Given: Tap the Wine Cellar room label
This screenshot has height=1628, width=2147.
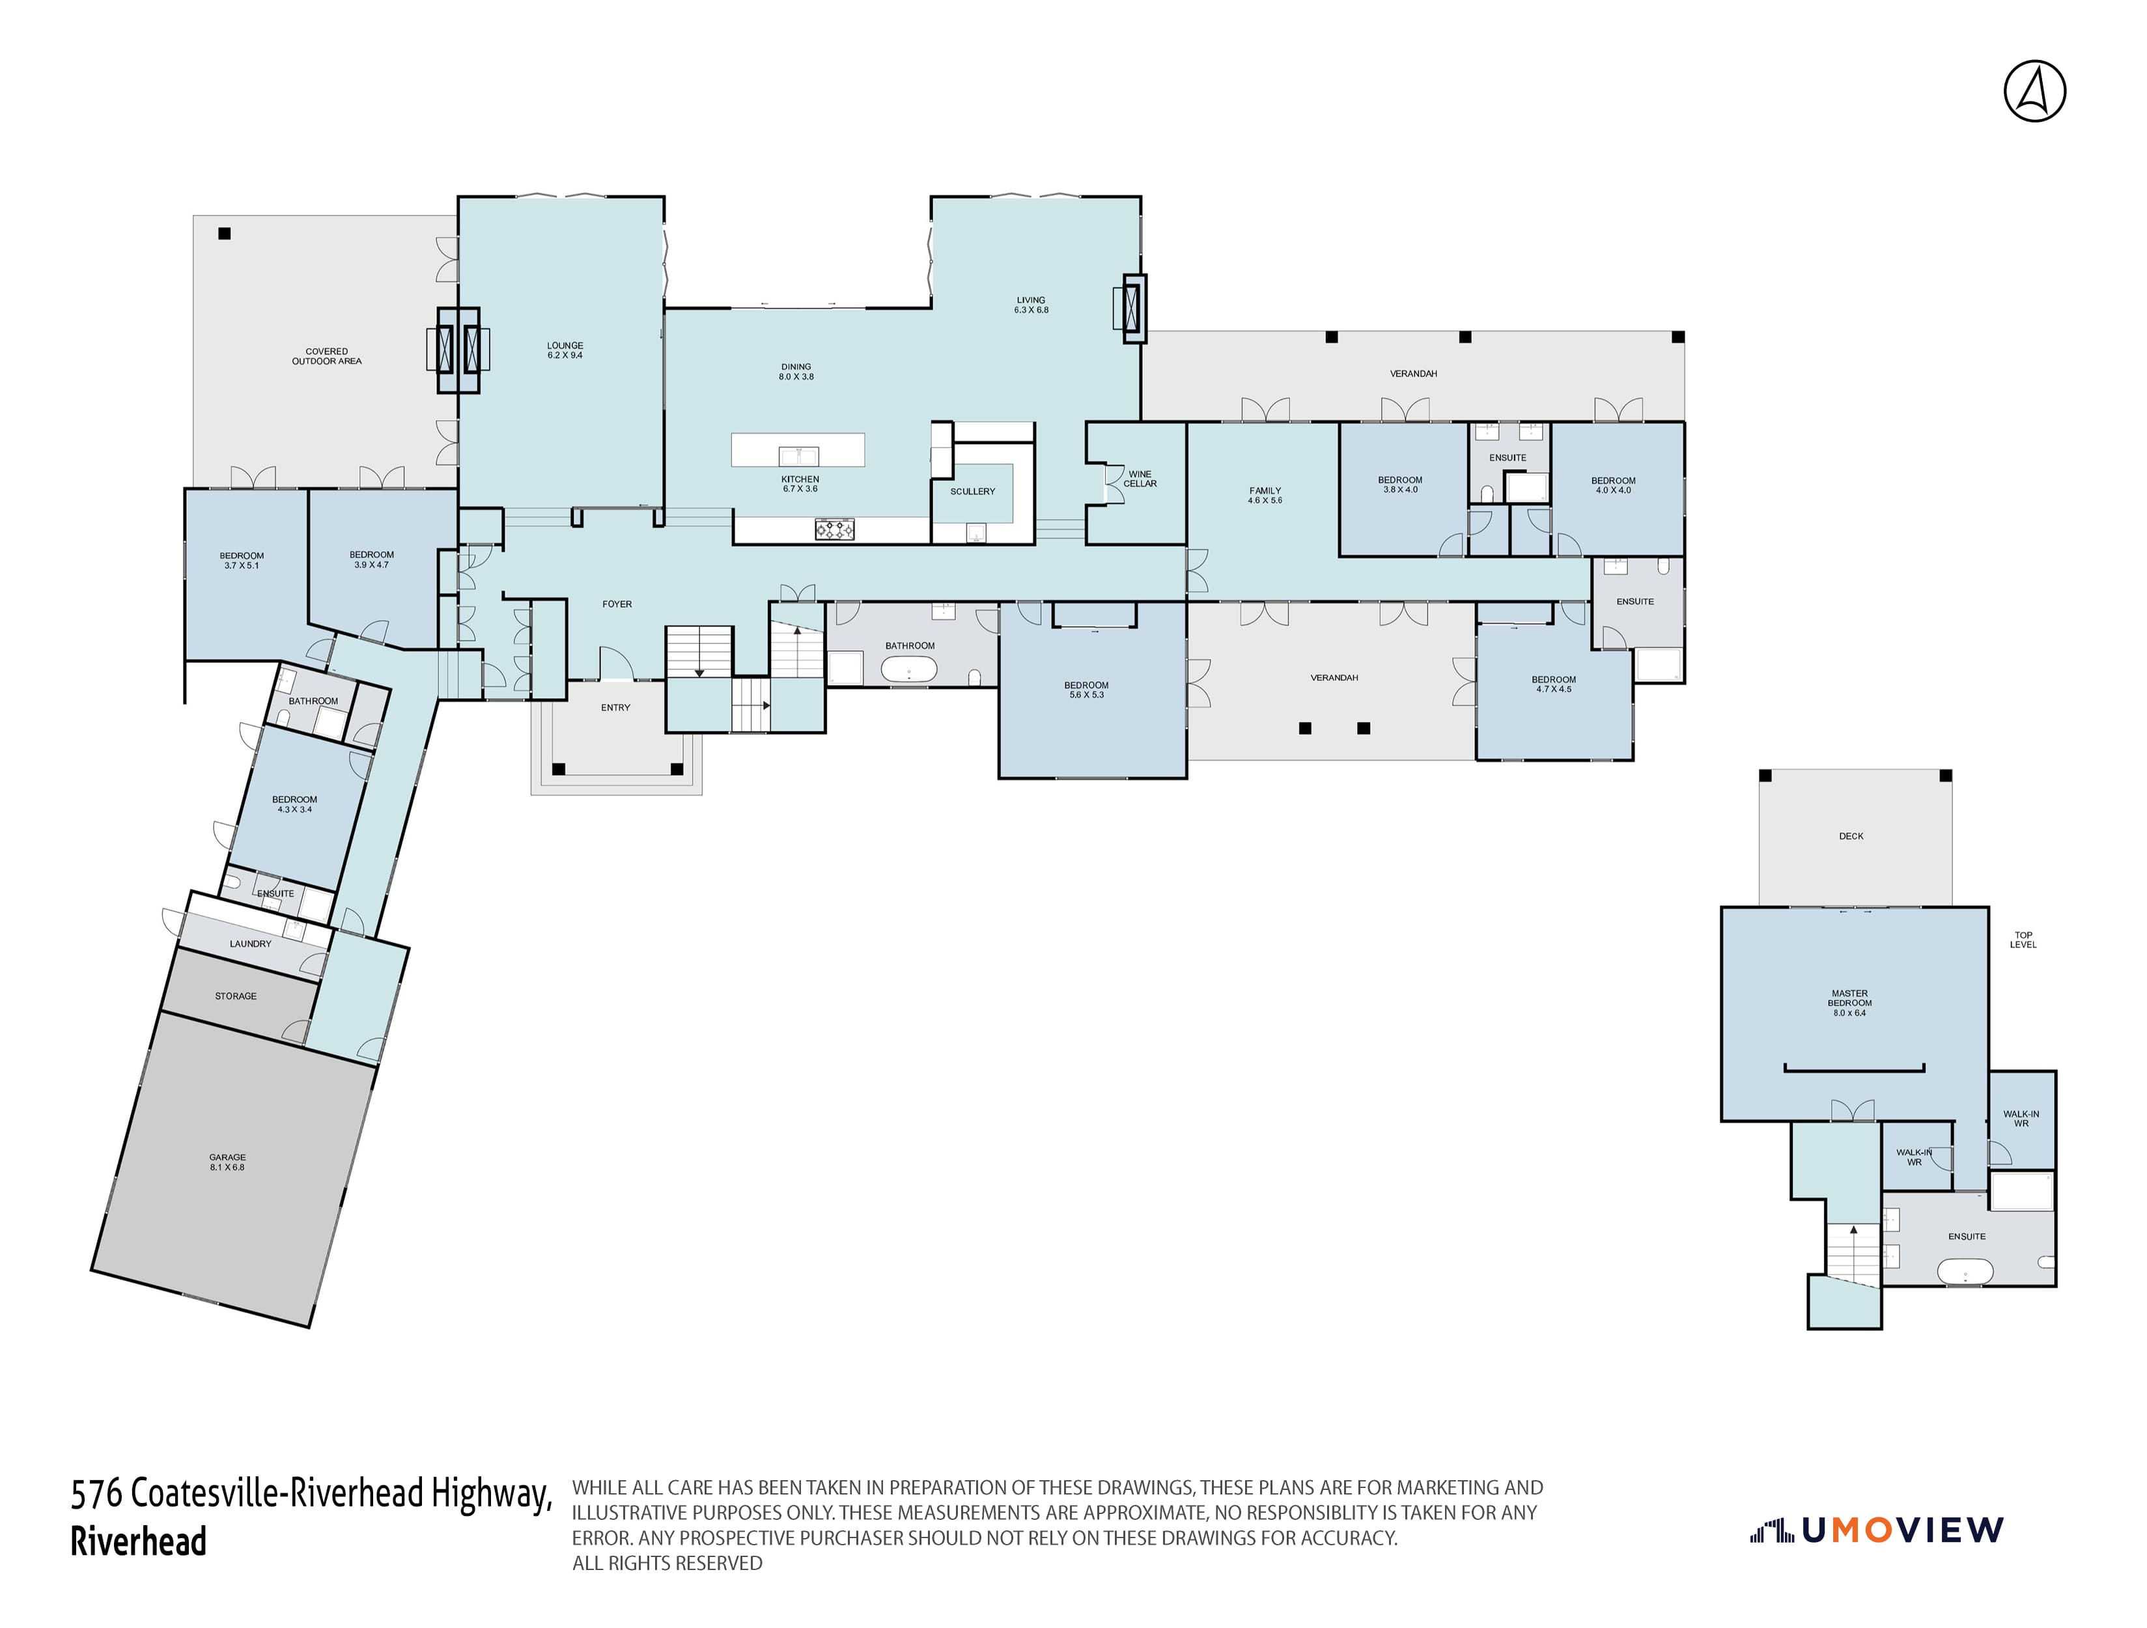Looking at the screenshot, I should click(1140, 479).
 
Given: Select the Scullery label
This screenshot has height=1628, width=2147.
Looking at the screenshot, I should click(972, 491).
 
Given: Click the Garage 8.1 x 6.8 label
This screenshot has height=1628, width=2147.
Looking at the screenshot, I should click(227, 1162).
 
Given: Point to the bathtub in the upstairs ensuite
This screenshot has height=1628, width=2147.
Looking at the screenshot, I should click(1965, 1270).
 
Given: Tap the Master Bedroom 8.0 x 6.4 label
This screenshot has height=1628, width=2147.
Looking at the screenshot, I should click(1849, 1003).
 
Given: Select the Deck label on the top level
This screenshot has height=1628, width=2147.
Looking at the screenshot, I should click(1850, 836).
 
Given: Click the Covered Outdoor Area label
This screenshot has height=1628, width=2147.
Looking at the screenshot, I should click(326, 356).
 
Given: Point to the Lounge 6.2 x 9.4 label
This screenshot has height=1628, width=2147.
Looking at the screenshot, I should click(565, 350).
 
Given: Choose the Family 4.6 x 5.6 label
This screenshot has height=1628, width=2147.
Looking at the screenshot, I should click(1265, 495).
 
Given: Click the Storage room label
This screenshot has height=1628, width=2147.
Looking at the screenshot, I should click(236, 996).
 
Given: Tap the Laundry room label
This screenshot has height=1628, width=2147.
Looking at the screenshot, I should click(251, 944).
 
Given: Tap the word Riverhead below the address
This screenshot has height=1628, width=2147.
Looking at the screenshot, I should click(138, 1541).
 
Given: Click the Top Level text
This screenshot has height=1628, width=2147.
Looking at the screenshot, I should click(2023, 940).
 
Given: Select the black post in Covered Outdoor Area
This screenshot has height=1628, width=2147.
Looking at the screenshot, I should click(224, 233).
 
